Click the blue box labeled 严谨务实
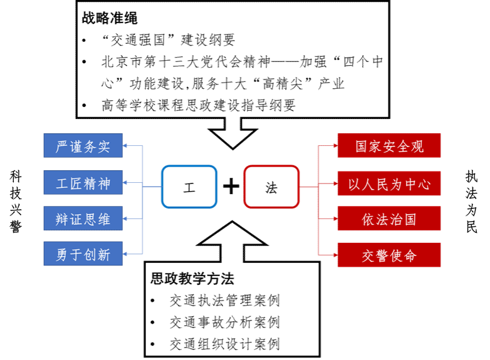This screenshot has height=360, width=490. tap(83, 145)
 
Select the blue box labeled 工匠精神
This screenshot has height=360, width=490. tap(83, 182)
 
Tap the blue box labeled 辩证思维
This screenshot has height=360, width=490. tap(83, 219)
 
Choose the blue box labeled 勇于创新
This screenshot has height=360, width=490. tap(83, 254)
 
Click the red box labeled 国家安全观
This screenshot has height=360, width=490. tap(389, 145)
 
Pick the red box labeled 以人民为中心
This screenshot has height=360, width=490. tap(389, 183)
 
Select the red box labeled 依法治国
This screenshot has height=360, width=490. tap(389, 219)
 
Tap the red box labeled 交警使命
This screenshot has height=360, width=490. tap(389, 255)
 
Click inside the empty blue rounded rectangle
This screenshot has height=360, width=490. tap(189, 187)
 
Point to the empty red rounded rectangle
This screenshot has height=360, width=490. tap(271, 187)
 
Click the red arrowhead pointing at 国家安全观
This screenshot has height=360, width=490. tap(334, 145)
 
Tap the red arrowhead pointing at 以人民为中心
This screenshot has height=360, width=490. tap(334, 183)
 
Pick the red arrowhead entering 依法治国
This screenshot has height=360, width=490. tap(334, 219)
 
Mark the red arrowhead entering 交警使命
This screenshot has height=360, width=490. tap(334, 255)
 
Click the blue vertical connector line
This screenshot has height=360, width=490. tap(143, 200)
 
